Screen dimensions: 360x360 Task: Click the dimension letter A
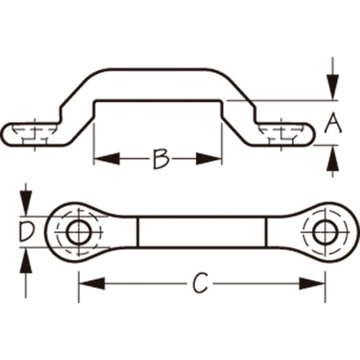(x=333, y=123)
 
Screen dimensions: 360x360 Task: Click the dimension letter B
(x=161, y=158)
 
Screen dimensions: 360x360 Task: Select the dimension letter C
(x=200, y=283)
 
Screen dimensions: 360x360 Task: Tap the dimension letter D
(x=27, y=231)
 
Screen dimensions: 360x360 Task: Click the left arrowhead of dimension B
(x=107, y=158)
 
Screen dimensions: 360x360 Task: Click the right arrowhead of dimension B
(x=209, y=158)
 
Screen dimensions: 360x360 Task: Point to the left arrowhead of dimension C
(x=92, y=284)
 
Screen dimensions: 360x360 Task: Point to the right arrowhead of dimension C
(x=312, y=284)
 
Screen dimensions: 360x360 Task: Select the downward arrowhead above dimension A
(x=333, y=86)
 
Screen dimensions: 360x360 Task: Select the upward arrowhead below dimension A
(x=333, y=158)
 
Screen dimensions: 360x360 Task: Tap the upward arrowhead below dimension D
(x=26, y=261)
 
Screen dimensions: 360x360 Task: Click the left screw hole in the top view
(x=79, y=232)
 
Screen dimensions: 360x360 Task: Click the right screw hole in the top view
(x=325, y=232)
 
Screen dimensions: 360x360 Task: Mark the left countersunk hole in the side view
(x=35, y=134)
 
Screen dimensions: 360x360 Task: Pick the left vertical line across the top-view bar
(x=138, y=232)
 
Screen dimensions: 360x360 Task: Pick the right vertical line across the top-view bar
(x=266, y=232)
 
